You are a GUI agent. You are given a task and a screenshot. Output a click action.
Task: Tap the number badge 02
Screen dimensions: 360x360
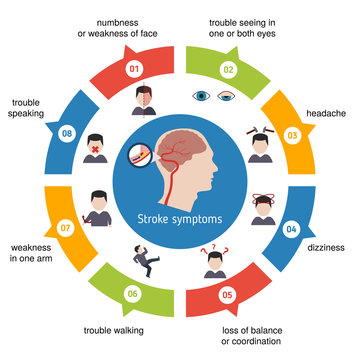pos(227,69)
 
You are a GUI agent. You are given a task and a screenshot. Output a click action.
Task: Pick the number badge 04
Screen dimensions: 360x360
pos(292,229)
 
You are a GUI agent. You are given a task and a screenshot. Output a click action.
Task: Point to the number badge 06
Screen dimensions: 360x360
pos(132,293)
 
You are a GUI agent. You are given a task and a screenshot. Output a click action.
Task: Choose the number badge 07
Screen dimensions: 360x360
pos(67,228)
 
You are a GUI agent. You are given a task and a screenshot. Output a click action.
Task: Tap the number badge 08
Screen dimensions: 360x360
pos(68,134)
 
